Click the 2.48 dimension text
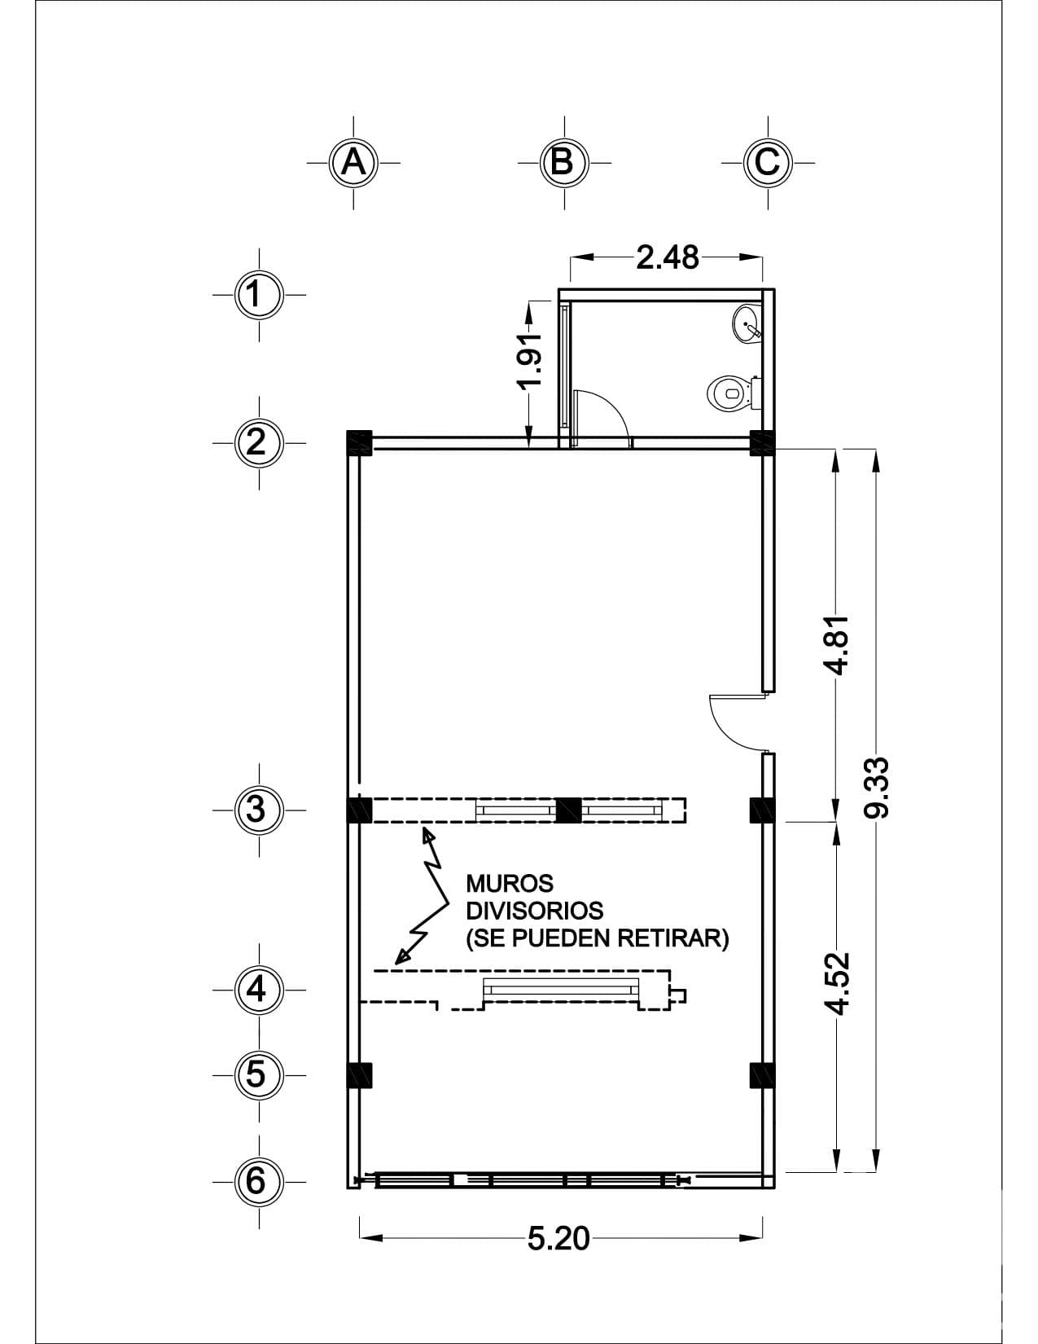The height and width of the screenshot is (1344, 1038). tap(667, 258)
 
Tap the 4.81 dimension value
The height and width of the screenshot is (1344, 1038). tap(839, 645)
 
